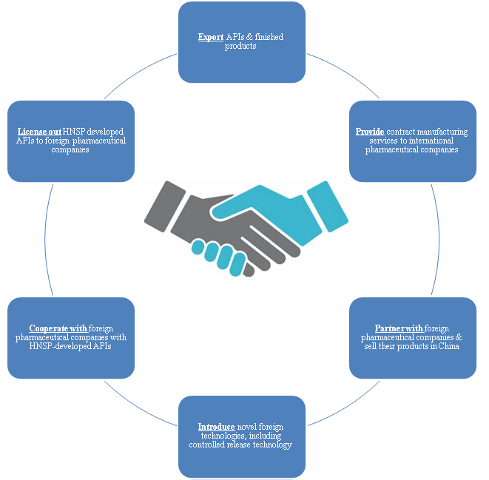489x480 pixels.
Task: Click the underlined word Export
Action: click(x=211, y=37)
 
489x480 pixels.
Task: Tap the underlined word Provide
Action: click(x=370, y=132)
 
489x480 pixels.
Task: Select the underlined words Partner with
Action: click(x=399, y=328)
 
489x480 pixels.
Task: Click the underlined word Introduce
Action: click(x=216, y=427)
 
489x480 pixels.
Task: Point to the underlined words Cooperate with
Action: click(x=58, y=328)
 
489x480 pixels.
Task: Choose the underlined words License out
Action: click(x=39, y=132)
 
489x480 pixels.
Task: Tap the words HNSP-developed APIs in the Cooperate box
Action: click(x=71, y=346)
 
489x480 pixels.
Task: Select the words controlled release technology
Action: click(x=240, y=444)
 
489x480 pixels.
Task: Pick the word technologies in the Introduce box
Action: click(x=213, y=436)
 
